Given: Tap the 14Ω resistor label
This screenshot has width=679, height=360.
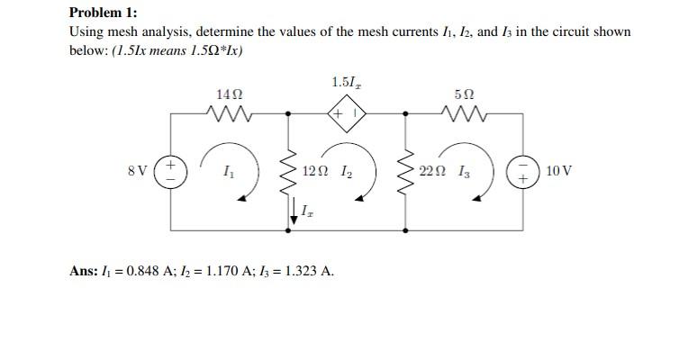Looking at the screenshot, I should pos(229,94).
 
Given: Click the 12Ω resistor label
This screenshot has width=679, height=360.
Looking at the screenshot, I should pos(316,170).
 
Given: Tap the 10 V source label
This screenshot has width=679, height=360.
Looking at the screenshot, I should pos(558,170).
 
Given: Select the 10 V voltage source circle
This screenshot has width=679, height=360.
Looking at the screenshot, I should pos(522,171).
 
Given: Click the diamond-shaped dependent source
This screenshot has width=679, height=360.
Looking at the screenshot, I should pos(346,114).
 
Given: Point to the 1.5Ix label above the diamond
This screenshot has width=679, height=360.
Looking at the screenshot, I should pos(346,84).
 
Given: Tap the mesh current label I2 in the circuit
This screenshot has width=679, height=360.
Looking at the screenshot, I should pos(347,170).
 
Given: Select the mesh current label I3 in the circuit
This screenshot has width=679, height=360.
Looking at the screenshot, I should pos(463,170).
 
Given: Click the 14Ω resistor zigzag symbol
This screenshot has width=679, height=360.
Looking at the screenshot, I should pos(229,113).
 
